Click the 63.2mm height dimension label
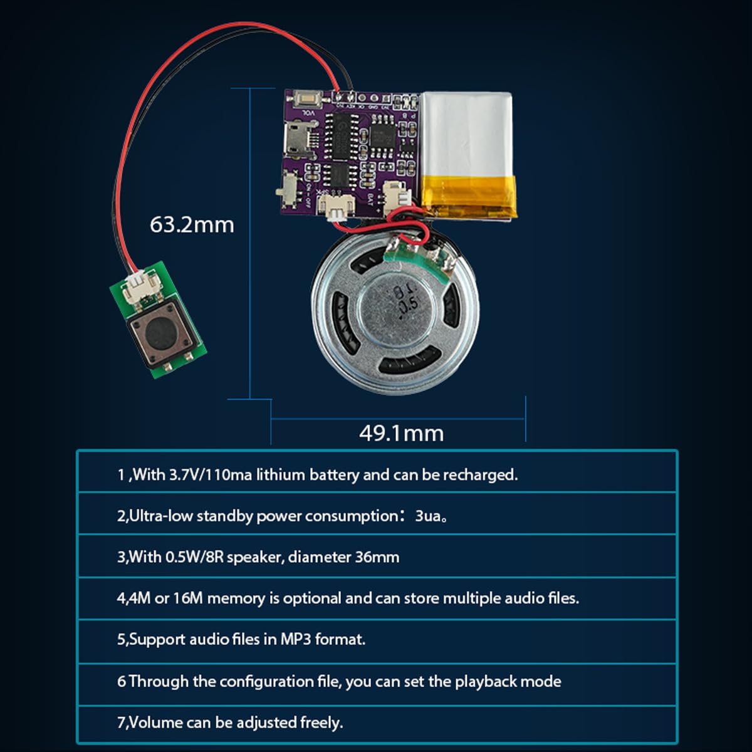[x=191, y=225]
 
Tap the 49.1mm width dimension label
[x=401, y=433]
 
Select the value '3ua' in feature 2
[x=429, y=516]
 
